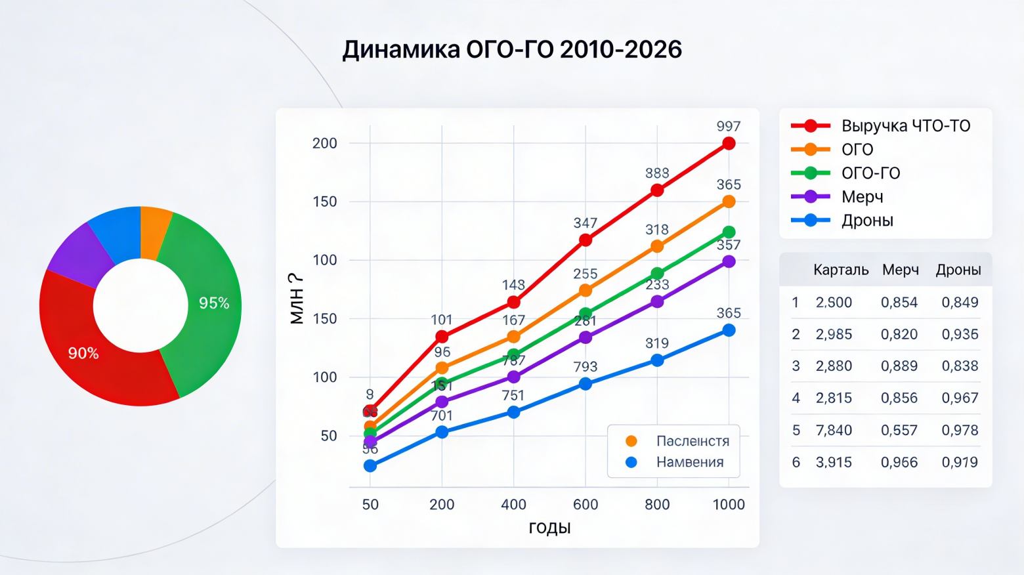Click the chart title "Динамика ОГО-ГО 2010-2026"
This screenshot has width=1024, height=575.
pyautogui.click(x=512, y=50)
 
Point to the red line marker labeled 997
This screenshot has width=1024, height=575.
pyautogui.click(x=729, y=143)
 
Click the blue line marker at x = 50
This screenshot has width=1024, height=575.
pyautogui.click(x=370, y=465)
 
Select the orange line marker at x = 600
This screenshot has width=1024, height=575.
pyautogui.click(x=586, y=290)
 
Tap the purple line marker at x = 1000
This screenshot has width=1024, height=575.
pyautogui.click(x=729, y=261)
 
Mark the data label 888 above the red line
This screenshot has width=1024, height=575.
pyautogui.click(x=657, y=173)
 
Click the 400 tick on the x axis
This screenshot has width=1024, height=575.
pyautogui.click(x=513, y=504)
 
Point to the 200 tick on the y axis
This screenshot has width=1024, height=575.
pyautogui.click(x=324, y=143)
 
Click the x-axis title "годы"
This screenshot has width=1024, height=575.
pyautogui.click(x=549, y=528)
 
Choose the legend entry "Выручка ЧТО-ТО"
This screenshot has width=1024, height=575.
pyautogui.click(x=905, y=125)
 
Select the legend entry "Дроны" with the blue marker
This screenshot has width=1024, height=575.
pyautogui.click(x=867, y=221)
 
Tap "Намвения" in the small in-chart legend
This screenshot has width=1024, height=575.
pyautogui.click(x=690, y=462)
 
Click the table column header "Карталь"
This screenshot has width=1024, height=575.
pyautogui.click(x=840, y=270)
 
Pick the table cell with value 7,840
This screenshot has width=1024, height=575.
pyautogui.click(x=834, y=430)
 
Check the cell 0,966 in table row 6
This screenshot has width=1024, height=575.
pyautogui.click(x=899, y=462)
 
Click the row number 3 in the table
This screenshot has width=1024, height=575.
pyautogui.click(x=796, y=366)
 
